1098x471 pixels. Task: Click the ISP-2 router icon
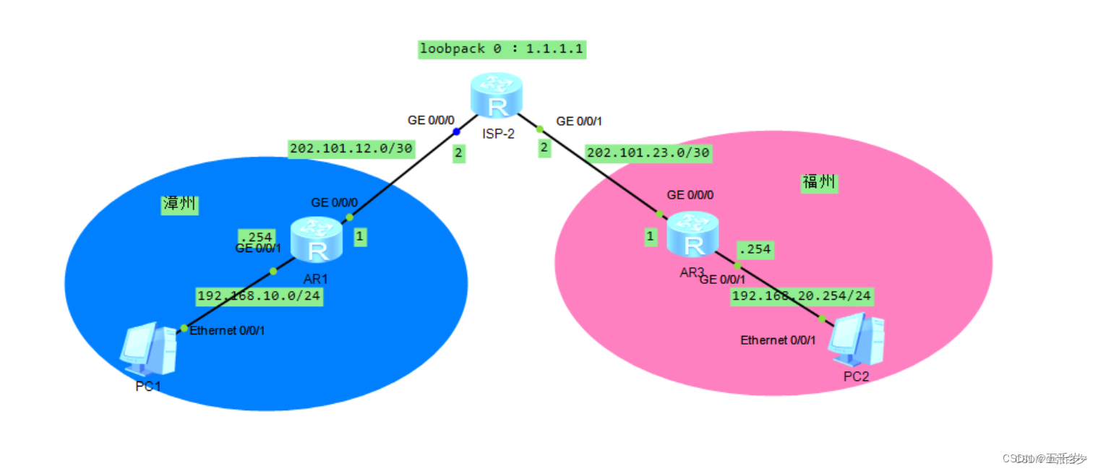tap(496, 96)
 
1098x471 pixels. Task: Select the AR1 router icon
tap(316, 241)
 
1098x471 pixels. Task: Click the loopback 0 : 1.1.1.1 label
tap(502, 49)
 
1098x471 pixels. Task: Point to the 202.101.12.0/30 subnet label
tap(351, 148)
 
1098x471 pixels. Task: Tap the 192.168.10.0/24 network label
tap(259, 296)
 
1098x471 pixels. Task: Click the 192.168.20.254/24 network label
tap(802, 295)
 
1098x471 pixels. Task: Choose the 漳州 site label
tap(179, 204)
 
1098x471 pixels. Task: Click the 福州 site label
tap(818, 181)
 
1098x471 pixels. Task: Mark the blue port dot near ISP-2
tap(456, 131)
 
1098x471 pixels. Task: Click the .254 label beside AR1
tap(256, 237)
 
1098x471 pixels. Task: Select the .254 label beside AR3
tap(754, 250)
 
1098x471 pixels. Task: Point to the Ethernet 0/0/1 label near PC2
tap(778, 340)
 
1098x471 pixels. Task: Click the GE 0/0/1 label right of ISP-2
tap(579, 121)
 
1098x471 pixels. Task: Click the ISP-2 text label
tap(498, 133)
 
